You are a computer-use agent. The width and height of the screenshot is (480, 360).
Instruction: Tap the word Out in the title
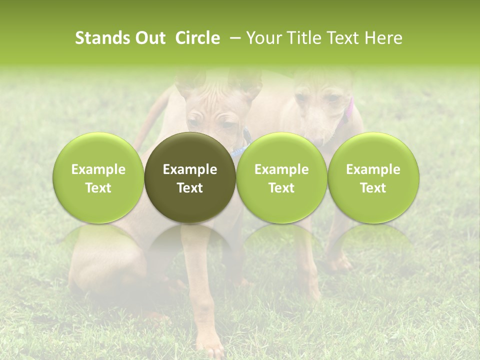click(149, 38)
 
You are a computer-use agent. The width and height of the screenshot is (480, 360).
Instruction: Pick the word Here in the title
click(384, 38)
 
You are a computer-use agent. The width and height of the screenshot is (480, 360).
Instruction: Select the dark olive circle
click(190, 177)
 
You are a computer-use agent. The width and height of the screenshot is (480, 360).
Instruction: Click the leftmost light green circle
click(98, 177)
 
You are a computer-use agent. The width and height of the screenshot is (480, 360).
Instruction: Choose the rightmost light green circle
click(373, 177)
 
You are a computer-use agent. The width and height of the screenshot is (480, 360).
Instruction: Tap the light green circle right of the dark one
click(281, 177)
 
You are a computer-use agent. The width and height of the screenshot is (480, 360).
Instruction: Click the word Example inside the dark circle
click(190, 169)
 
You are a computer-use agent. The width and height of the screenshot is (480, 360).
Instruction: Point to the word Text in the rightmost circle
click(373, 187)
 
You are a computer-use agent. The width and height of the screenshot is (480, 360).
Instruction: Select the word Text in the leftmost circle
click(98, 187)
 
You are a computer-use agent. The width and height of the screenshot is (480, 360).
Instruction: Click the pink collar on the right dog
click(348, 111)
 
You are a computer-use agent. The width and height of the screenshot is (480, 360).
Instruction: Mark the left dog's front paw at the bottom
click(214, 348)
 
